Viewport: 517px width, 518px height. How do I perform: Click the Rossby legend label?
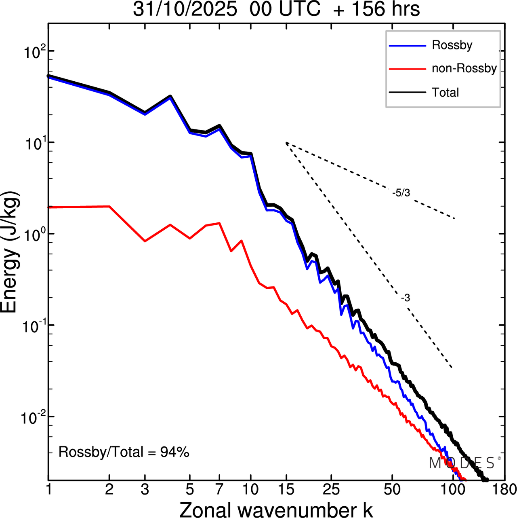pos(452,45)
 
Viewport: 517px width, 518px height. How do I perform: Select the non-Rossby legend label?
pos(464,68)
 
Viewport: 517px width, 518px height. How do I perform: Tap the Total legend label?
pos(446,93)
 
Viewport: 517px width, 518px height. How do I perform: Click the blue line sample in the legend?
pos(407,46)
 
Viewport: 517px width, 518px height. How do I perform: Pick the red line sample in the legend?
pos(407,69)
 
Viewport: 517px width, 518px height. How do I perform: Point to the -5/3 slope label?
pos(401,193)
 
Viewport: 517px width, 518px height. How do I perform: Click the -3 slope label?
pos(406,298)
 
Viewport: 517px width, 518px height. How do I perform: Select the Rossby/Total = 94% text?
pos(124,452)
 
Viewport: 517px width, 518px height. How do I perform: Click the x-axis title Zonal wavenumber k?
pos(276,510)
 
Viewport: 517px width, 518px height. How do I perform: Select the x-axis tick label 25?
pos(331,490)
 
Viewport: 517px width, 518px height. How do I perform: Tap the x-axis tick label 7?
pos(219,490)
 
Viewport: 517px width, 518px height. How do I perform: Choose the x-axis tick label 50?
pos(392,490)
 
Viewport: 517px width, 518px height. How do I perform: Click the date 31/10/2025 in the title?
pos(185,9)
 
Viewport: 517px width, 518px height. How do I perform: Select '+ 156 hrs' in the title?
pos(377,9)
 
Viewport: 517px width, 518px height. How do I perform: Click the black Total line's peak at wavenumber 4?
pos(170,96)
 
